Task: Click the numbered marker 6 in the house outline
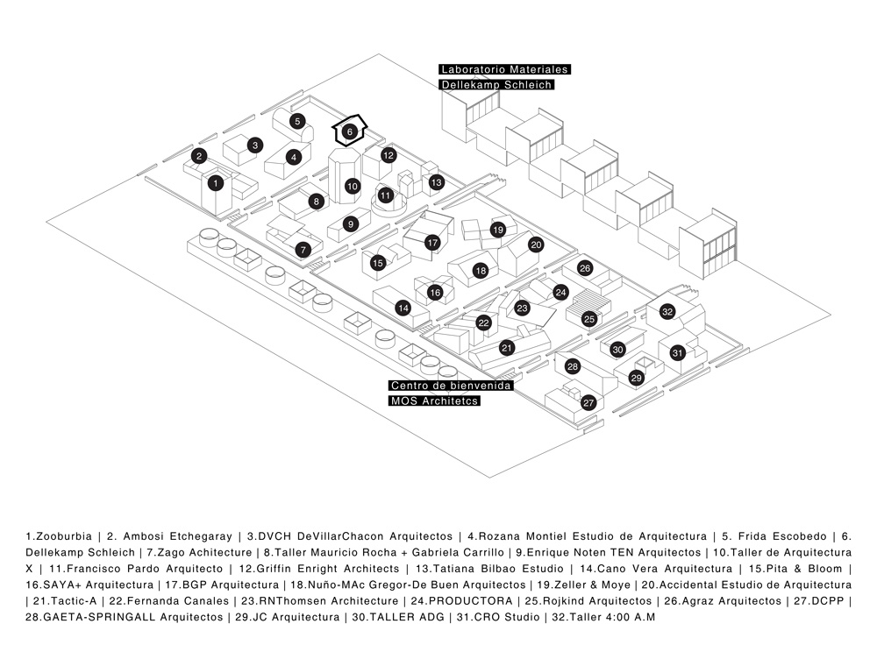[349, 132]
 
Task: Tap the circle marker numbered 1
[216, 183]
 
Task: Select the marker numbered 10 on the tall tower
[352, 186]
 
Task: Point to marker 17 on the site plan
[431, 242]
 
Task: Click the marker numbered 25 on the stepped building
[589, 319]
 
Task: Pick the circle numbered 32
[667, 312]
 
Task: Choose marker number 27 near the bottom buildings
[588, 402]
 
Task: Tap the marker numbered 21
[506, 348]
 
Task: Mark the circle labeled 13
[437, 182]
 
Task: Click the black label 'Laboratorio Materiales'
[505, 68]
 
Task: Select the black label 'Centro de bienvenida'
[451, 386]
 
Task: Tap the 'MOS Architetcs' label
[435, 401]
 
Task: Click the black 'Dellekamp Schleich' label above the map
[496, 85]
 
